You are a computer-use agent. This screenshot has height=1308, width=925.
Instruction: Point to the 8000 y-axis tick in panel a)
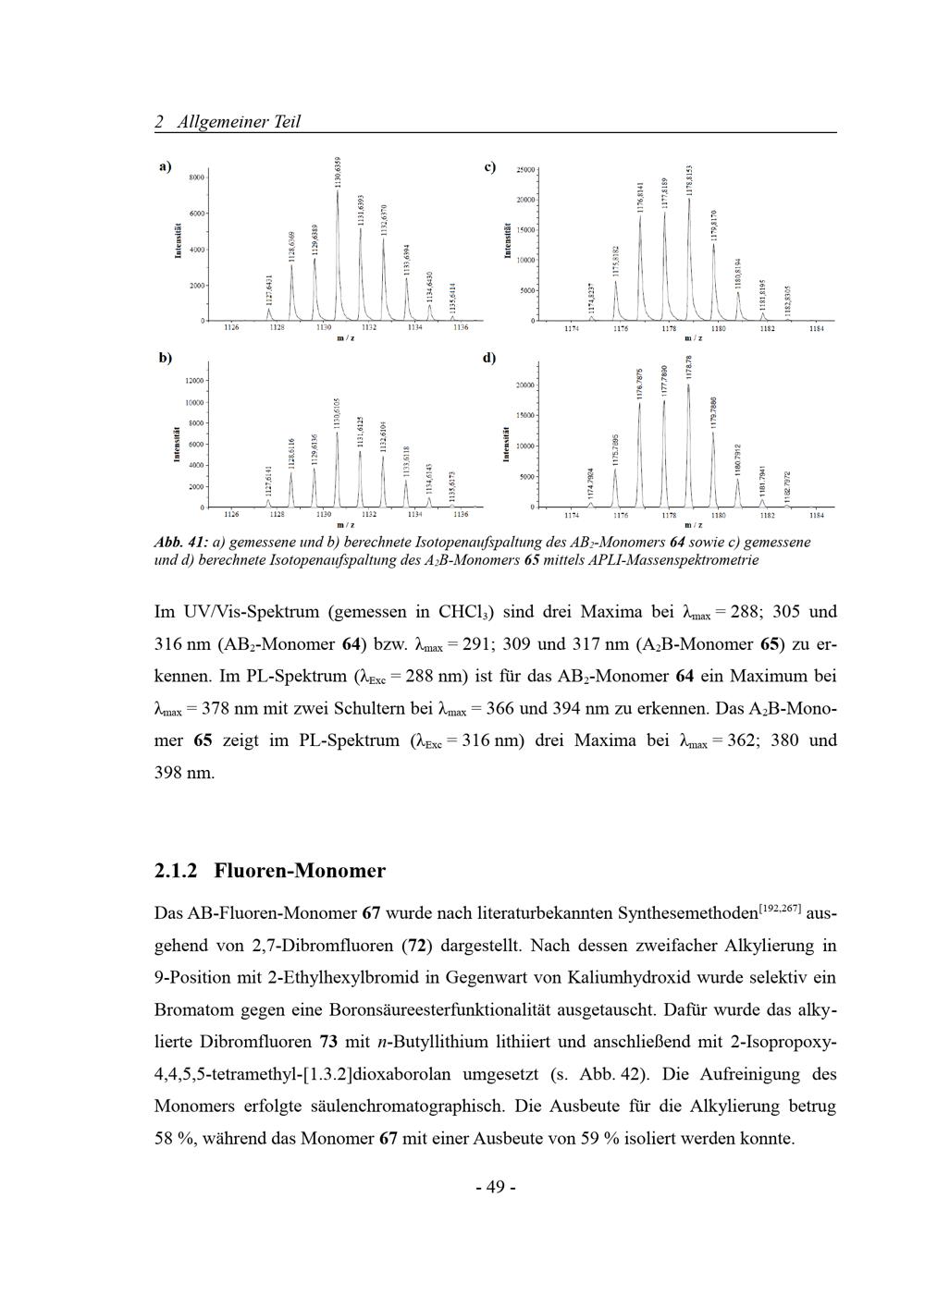pos(196,177)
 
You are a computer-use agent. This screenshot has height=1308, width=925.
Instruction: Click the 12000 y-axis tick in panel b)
pos(193,381)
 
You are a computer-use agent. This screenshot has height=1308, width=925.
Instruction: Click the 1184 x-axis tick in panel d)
pos(817,515)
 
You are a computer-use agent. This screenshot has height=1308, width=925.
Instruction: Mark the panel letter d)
pos(489,358)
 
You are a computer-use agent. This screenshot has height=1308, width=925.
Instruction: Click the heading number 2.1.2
pos(176,871)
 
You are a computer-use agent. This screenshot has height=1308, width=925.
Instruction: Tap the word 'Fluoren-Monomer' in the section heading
pos(300,871)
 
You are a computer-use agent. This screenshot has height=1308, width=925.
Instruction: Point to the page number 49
pos(495,1187)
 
